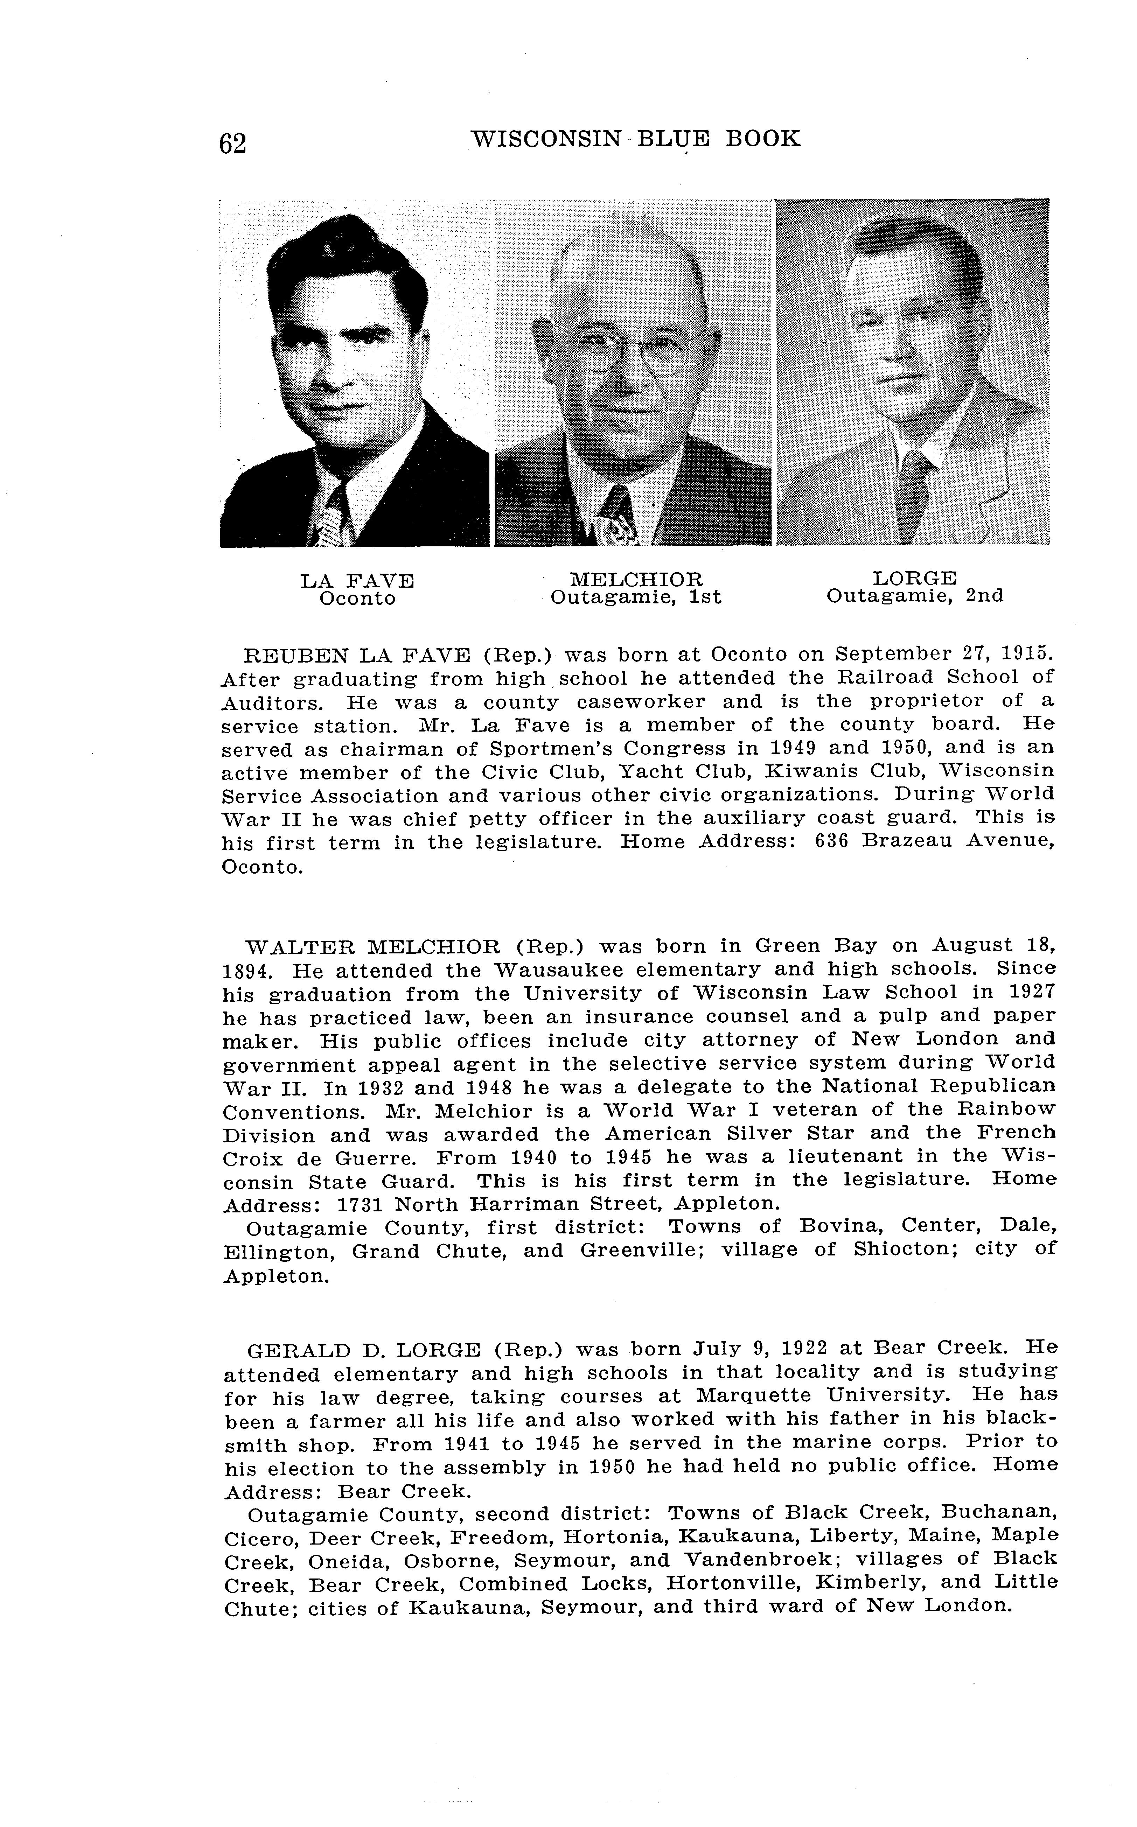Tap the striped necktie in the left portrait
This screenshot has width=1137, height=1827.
click(x=331, y=520)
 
